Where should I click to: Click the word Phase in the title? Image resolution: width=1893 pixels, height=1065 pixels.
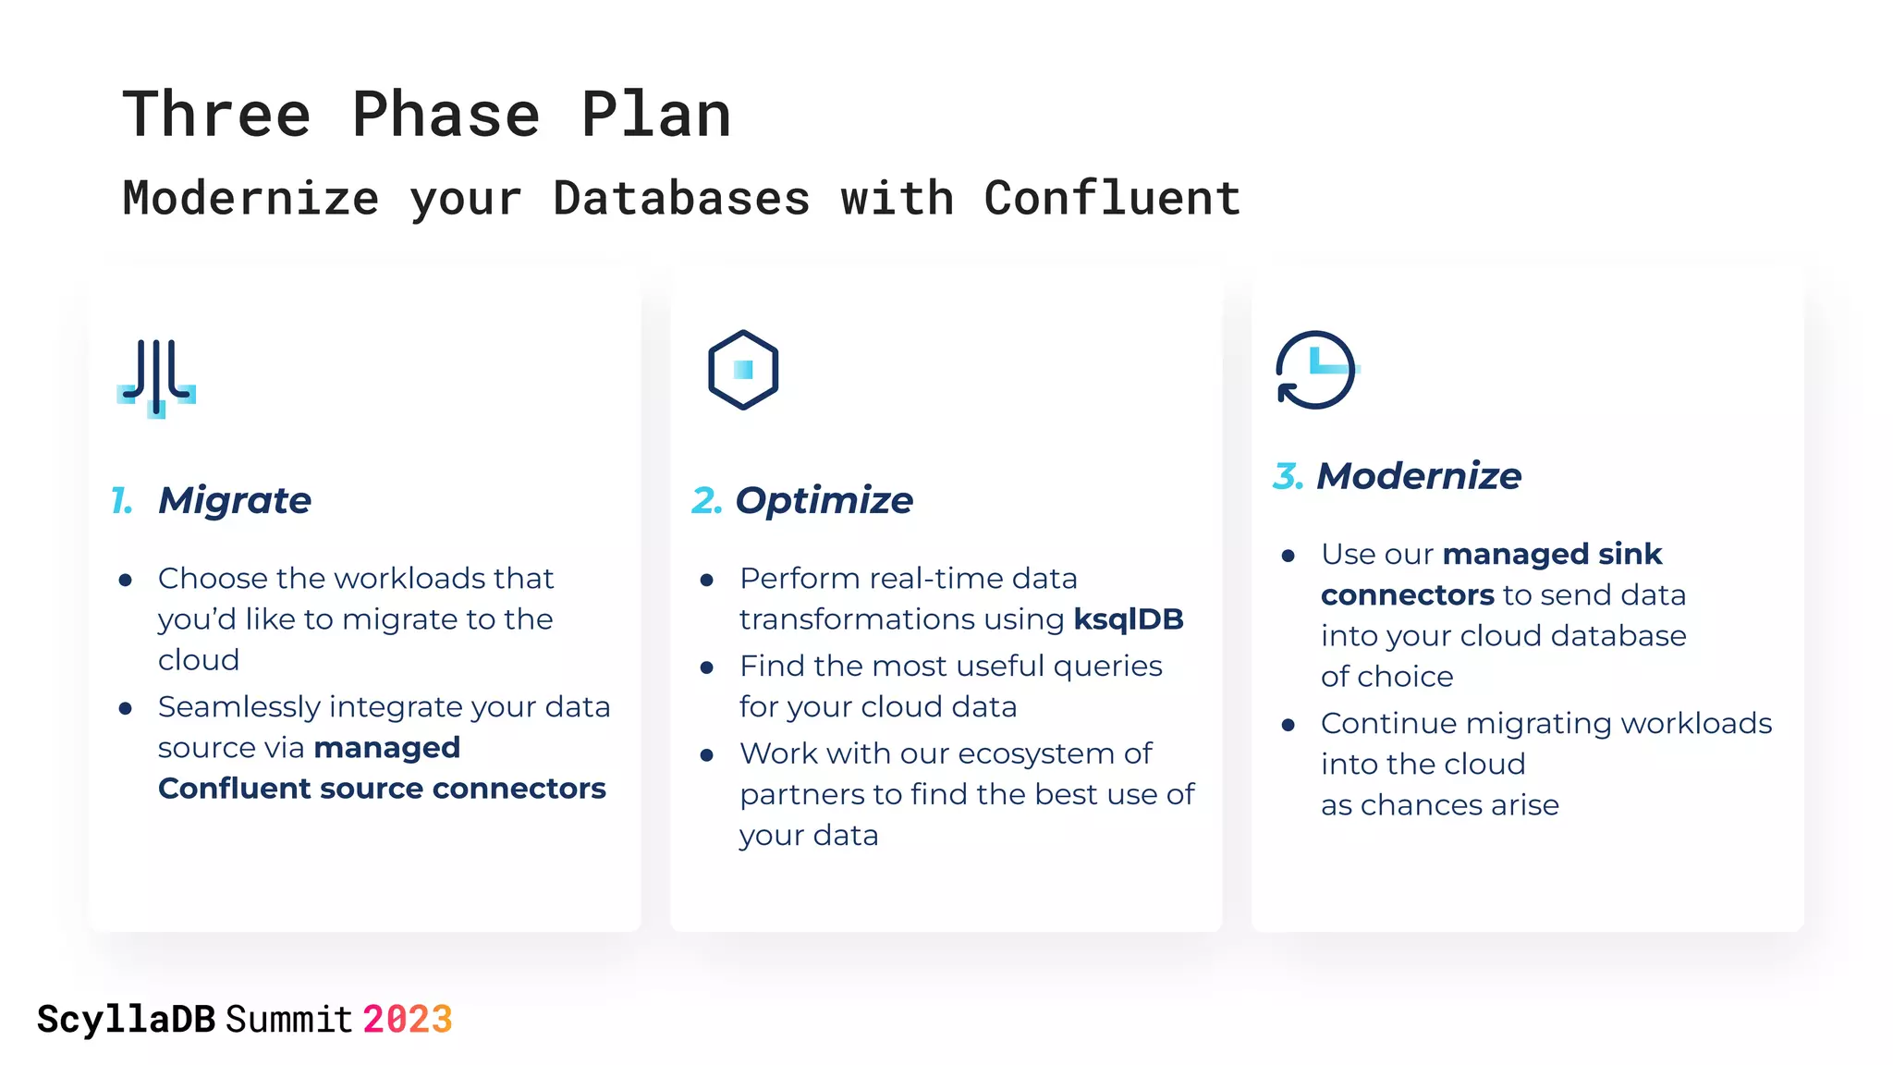tap(446, 115)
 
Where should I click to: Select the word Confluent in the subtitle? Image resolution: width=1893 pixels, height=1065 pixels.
tap(1112, 199)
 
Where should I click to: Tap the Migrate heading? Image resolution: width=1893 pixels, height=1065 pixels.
tap(235, 500)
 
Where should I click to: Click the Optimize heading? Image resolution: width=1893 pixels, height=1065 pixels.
tap(824, 500)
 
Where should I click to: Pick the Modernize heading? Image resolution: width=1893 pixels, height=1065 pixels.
tap(1418, 476)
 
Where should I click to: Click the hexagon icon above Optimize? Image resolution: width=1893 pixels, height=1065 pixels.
tap(743, 370)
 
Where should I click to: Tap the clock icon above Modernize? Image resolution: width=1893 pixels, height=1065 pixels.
tap(1315, 370)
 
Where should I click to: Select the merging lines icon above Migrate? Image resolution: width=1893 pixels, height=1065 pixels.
tap(157, 378)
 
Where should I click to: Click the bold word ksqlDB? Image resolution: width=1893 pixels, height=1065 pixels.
tap(1128, 618)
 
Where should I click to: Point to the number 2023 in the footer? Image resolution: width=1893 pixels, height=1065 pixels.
tap(407, 1020)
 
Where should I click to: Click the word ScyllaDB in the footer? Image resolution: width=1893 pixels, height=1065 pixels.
tap(126, 1020)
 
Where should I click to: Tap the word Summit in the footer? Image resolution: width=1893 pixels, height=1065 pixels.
tap(289, 1020)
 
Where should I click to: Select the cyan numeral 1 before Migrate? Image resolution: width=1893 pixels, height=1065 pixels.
tap(121, 500)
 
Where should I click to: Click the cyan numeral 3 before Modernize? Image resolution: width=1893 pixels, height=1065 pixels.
tap(1288, 476)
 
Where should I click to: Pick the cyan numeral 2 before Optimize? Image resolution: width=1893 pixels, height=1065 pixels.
tap(706, 500)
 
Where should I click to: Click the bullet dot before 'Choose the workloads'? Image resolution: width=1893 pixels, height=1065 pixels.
tap(126, 581)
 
